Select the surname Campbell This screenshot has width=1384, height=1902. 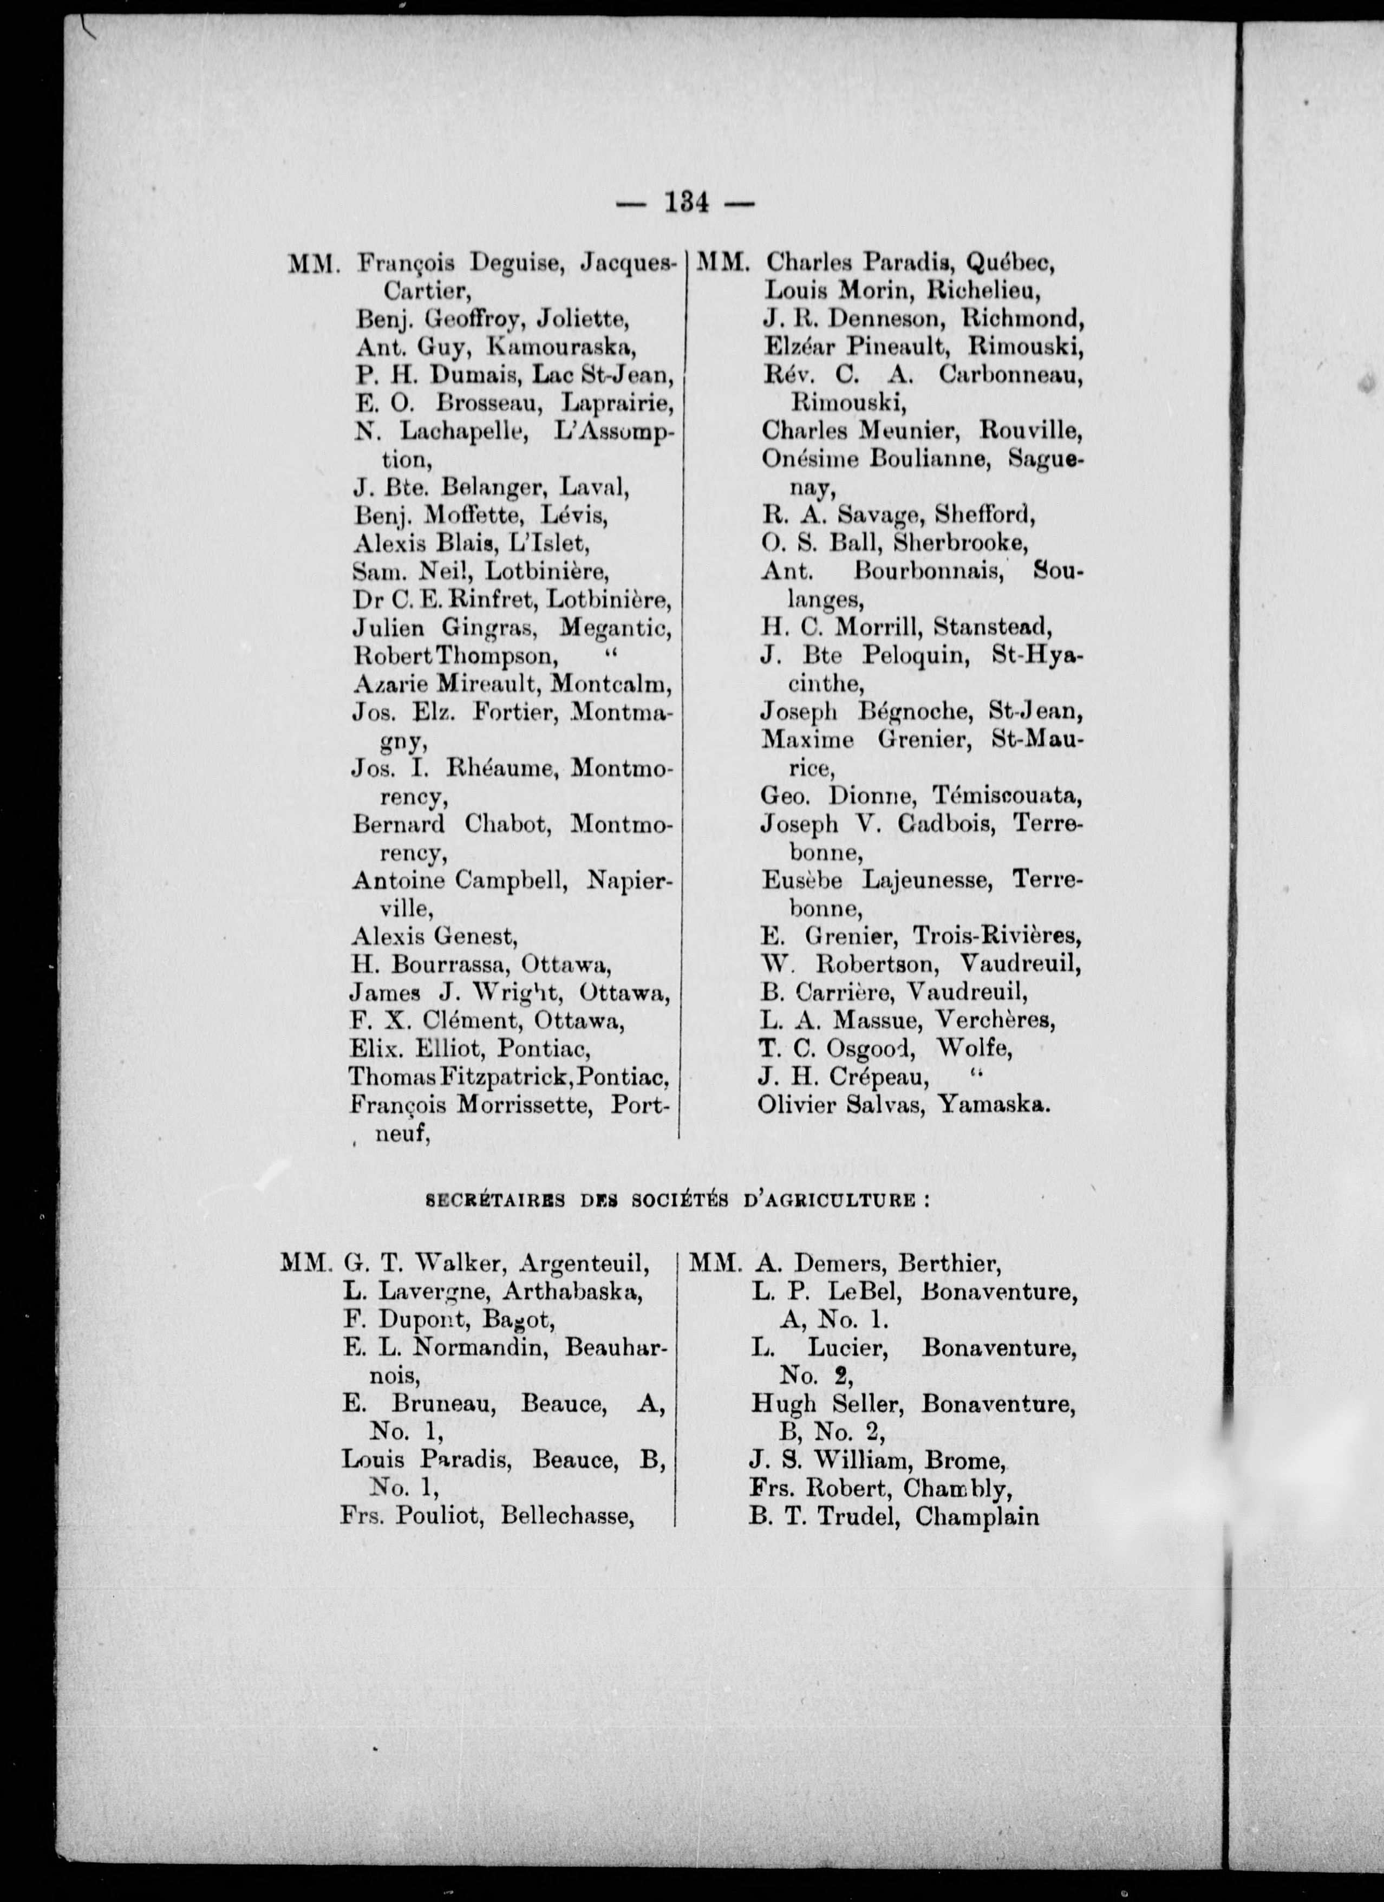[x=513, y=881]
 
